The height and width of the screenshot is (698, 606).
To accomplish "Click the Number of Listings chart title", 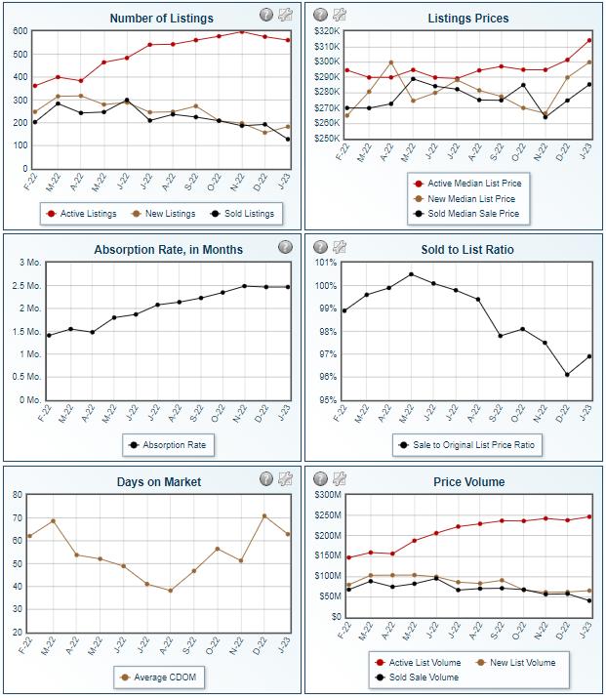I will point(161,18).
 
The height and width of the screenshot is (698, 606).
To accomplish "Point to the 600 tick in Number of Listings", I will point(20,31).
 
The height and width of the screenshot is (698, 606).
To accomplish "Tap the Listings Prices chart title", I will point(467,18).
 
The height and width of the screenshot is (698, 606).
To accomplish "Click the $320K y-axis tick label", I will point(325,31).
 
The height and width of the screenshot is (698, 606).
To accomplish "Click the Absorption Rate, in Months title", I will point(161,250).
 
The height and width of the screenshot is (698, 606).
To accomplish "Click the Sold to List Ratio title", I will point(468,250).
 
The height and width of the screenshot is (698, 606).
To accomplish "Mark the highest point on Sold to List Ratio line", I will point(411,274).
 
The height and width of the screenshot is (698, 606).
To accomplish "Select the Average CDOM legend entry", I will point(162,677).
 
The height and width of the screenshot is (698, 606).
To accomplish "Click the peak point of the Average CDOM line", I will point(263,515).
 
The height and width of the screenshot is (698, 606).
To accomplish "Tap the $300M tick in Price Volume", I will point(325,495).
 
